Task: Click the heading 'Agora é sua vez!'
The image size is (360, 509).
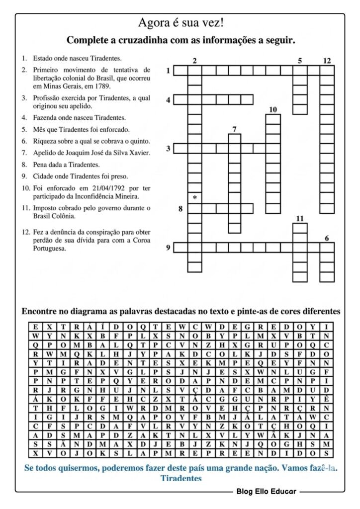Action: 180,23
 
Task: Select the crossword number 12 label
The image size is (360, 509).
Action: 326,61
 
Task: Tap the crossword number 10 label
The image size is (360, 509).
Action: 272,109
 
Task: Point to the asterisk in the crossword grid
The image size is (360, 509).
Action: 194,197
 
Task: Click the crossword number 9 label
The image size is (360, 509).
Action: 169,247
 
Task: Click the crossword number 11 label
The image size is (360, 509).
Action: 299,219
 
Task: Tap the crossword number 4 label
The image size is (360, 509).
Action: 169,100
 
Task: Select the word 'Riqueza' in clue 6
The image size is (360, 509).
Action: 44,141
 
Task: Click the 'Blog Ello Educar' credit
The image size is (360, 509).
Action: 267,492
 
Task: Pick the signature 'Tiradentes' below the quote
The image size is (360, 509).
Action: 181,478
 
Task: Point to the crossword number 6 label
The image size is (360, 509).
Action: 327,238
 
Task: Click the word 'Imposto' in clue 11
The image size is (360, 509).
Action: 45,208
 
